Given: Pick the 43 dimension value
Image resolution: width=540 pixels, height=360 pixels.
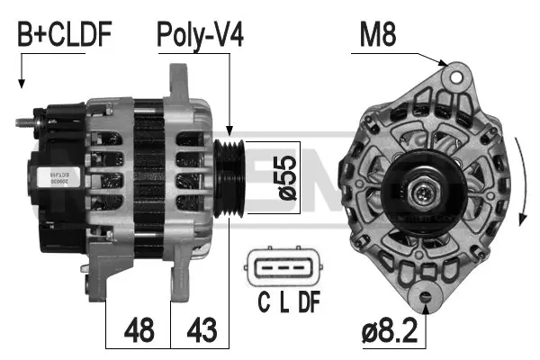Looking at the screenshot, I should pos(202,328).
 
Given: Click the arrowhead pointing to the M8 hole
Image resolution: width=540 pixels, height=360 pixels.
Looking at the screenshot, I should pos(443,64).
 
